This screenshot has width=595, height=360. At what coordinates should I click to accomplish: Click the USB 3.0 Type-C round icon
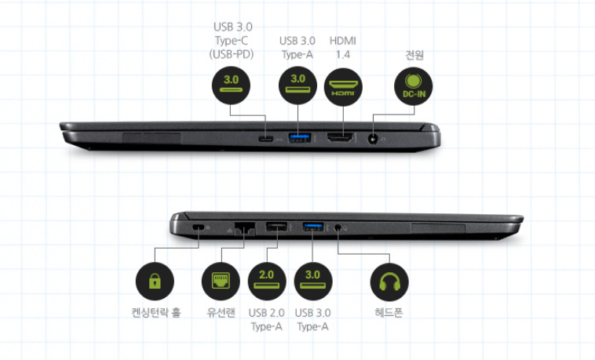click(x=232, y=85)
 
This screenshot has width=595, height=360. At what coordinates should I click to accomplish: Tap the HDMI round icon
click(x=343, y=85)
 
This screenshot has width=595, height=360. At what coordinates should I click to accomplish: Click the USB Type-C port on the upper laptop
click(x=267, y=139)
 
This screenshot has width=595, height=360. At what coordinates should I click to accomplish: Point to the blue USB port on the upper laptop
click(x=298, y=139)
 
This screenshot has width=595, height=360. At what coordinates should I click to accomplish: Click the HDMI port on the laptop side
click(x=339, y=139)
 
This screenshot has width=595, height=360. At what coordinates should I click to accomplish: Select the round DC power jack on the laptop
click(x=372, y=140)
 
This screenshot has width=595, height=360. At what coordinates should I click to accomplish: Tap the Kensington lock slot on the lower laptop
click(x=198, y=227)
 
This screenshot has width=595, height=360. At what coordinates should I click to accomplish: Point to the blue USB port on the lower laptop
click(x=312, y=227)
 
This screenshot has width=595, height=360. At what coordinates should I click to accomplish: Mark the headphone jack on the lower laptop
click(x=338, y=227)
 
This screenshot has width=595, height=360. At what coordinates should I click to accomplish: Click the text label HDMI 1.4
click(x=343, y=47)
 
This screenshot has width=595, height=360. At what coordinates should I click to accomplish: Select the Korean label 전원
click(x=414, y=56)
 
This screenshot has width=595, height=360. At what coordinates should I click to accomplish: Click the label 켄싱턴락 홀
click(x=155, y=312)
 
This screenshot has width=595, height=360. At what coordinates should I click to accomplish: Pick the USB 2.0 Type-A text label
click(x=265, y=320)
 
